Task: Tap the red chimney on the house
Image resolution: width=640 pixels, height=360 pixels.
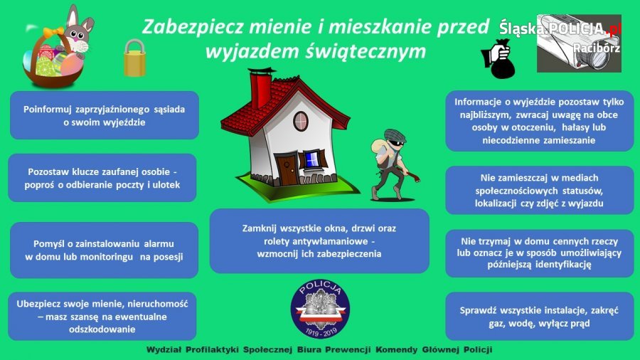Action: pyautogui.click(x=260, y=89)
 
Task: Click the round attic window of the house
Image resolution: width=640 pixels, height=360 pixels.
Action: pyautogui.click(x=300, y=121)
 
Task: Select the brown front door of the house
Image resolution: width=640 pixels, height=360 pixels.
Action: pyautogui.click(x=287, y=169)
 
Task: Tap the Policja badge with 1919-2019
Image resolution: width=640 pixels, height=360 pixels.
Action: pyautogui.click(x=320, y=309)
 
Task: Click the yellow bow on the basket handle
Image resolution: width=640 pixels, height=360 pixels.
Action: pyautogui.click(x=54, y=32)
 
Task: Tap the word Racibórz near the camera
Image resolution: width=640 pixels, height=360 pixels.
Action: pyautogui.click(x=597, y=48)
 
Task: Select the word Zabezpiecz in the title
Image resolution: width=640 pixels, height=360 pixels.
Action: pyautogui.click(x=193, y=27)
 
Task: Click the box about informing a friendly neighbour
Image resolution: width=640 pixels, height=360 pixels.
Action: pyautogui.click(x=105, y=115)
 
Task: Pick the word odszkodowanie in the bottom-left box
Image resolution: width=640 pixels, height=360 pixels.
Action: pyautogui.click(x=102, y=329)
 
